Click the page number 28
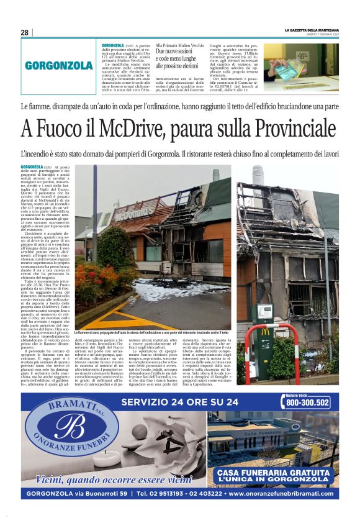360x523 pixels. [24, 32]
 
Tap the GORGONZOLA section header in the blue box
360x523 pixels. [59, 65]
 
